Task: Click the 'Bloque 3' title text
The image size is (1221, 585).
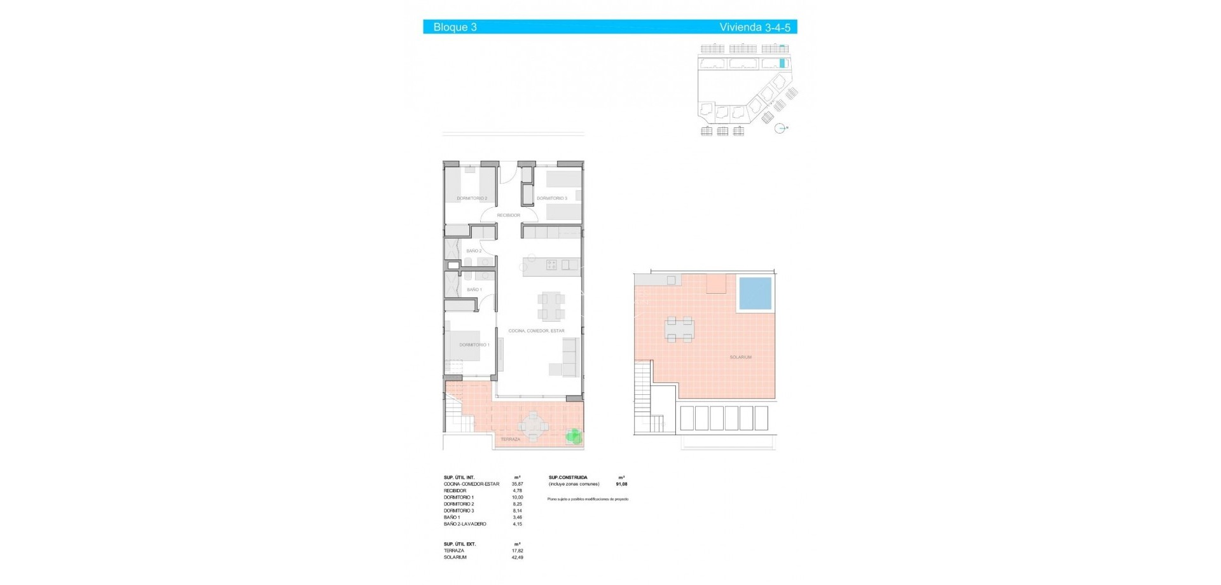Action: (455, 27)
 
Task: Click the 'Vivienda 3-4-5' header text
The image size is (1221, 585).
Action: (755, 27)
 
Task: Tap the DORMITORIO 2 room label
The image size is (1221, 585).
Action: (472, 198)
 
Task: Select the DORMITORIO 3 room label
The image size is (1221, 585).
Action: (551, 198)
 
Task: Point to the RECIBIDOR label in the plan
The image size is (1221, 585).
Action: (509, 216)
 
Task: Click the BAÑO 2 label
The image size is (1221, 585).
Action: (474, 251)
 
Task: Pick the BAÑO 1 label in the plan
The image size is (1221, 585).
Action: (474, 290)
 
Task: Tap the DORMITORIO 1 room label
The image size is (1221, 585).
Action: (474, 345)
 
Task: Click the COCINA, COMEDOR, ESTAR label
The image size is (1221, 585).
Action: (536, 331)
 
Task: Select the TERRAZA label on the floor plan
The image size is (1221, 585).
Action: (510, 439)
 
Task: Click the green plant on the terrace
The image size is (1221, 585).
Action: (574, 436)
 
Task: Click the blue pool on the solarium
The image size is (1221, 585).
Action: (755, 293)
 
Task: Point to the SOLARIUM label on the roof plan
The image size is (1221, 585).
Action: (740, 357)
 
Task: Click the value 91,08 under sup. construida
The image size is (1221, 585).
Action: (621, 484)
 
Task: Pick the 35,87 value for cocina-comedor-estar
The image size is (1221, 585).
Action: (517, 484)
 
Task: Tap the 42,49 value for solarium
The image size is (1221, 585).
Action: (517, 558)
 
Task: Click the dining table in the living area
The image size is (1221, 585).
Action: (551, 306)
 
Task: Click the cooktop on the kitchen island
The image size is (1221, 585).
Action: (552, 265)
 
